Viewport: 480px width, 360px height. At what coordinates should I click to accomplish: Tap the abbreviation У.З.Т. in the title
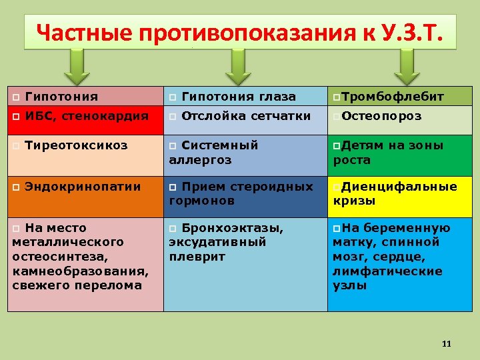[409, 31]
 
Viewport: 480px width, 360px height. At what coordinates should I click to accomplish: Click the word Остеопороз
[381, 116]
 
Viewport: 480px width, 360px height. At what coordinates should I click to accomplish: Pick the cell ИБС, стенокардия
[86, 116]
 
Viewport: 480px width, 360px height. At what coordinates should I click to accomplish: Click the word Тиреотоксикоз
[75, 145]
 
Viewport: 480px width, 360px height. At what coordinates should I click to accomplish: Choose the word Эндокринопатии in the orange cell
[83, 187]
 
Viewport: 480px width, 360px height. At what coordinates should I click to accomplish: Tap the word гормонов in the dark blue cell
[201, 201]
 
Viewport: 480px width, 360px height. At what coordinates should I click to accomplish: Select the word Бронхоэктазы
[232, 228]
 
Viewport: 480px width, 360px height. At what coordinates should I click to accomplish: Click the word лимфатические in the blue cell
[387, 271]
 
